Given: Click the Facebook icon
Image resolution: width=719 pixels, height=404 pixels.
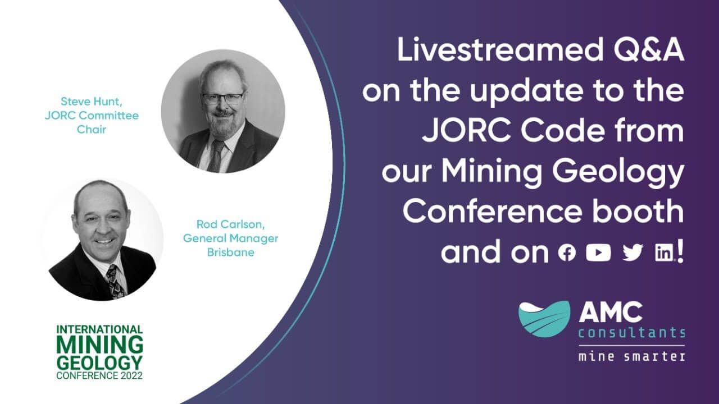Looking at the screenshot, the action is pos(567,252).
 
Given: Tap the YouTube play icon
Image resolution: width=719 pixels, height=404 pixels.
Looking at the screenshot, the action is pos(598,252).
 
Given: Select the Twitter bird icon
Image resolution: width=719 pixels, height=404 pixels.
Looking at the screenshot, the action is pos(632,252).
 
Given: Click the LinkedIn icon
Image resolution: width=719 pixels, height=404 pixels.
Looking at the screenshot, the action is pos(664,253).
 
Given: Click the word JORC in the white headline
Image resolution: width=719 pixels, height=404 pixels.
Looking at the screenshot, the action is pos(467,131).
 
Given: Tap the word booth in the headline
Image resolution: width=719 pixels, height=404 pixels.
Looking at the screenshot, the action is pos(639,212).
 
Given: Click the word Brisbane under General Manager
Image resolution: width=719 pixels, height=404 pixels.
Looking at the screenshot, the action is pos(230,252).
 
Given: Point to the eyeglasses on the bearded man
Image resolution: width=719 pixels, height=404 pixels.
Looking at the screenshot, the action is pos(222,98).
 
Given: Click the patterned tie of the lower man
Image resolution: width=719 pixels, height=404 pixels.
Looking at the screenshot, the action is pos(115,281).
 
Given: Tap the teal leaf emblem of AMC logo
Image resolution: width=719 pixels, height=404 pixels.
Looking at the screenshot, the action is pos(544,319).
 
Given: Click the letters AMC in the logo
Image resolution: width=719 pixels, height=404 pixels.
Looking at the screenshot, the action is pos(611,313).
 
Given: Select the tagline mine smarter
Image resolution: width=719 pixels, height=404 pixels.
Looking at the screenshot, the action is pos(632,357).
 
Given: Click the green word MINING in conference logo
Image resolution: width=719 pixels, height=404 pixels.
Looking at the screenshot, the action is pos(99,345).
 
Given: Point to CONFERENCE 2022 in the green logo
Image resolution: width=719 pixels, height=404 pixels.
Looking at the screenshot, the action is pos(99,375).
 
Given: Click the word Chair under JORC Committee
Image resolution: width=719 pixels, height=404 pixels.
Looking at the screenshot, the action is pos(92,130).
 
